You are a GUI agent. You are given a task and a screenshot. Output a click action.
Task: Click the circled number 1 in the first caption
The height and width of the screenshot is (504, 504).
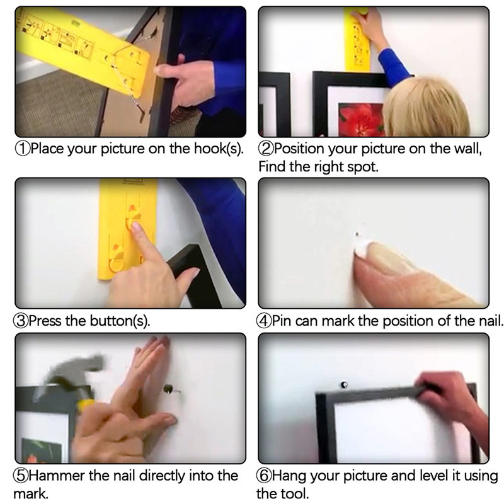(23, 149)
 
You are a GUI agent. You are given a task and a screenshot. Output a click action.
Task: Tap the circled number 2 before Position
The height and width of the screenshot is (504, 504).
(266, 149)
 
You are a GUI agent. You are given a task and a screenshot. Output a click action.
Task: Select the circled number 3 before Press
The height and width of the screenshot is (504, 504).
(21, 321)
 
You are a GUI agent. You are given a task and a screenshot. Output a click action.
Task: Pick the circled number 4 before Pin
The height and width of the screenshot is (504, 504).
(264, 321)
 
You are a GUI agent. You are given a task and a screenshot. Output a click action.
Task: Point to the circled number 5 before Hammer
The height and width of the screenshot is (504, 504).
(21, 476)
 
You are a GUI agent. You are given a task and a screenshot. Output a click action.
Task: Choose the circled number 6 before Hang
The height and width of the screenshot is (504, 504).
(264, 476)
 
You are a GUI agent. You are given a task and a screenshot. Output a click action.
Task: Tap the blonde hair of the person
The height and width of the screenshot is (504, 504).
(427, 106)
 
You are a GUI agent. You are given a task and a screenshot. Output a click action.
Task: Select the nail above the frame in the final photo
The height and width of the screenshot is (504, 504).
(344, 385)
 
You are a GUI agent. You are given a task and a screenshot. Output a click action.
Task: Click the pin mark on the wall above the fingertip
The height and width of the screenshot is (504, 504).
(357, 234)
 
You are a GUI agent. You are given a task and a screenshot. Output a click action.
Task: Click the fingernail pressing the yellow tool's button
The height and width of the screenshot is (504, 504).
(136, 226)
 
